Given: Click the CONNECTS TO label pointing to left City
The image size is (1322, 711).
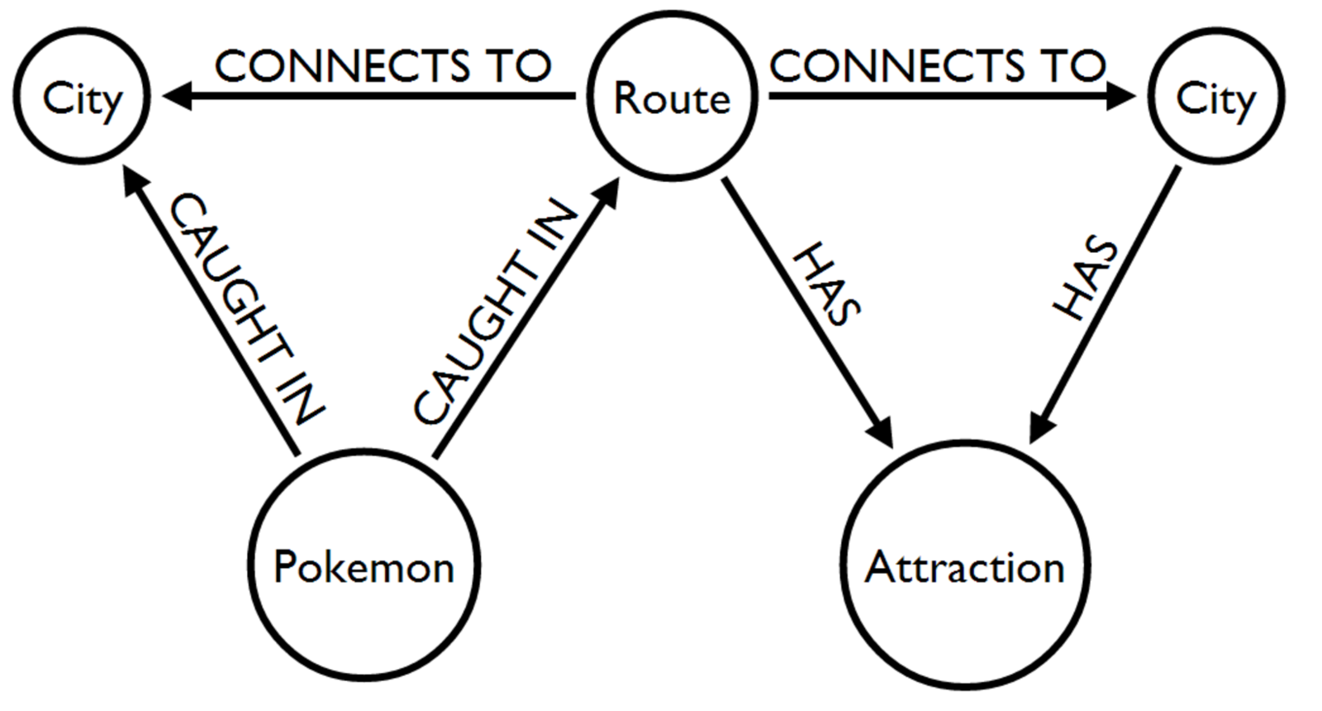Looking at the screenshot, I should click(383, 66).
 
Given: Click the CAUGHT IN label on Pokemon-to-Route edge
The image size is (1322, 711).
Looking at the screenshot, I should click(494, 313).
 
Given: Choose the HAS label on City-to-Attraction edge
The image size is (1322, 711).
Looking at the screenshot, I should click(1087, 279).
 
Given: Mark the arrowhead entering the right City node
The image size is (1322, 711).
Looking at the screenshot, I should click(1121, 97).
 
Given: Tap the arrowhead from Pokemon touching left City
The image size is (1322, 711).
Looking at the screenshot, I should click(134, 182).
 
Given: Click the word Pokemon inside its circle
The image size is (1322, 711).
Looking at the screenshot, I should click(364, 568).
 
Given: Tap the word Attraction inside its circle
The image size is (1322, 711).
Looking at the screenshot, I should click(964, 568).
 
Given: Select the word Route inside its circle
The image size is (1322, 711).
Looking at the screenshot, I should click(671, 99).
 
